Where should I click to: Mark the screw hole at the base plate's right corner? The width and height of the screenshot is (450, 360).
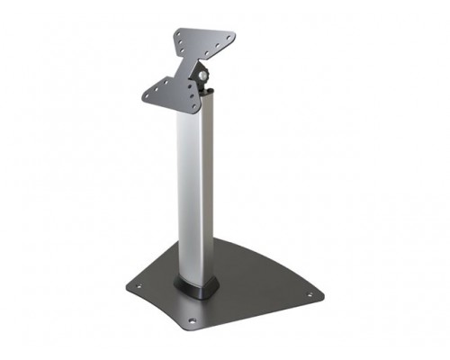coord(311,294)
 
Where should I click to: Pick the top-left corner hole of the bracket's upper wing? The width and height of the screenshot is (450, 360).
coord(180,32)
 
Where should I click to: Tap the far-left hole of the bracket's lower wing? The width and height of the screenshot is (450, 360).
coord(148,90)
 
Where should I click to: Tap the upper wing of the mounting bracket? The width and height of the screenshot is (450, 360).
coord(205,42)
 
